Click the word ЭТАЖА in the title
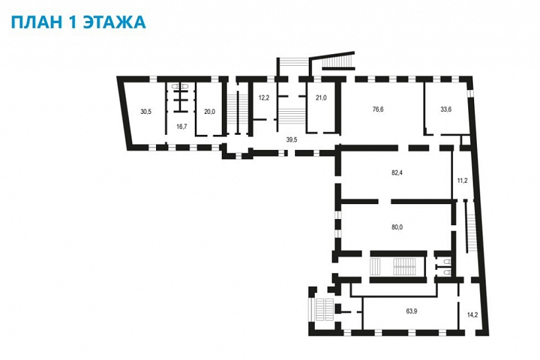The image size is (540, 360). click(115, 22)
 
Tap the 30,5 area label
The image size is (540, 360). click(146, 111)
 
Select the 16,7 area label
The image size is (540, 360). click(182, 126)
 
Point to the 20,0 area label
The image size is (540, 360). click(209, 111)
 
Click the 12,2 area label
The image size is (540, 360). click(264, 98)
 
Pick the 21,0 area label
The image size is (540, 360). click(321, 98)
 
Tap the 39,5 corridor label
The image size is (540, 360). click(292, 140)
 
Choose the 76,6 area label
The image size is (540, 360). click(378, 109)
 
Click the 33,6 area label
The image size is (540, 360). click(446, 109)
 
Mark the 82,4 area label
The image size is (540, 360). click(396, 173)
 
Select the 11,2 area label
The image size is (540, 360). click(462, 180)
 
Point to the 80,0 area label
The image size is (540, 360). click(396, 227)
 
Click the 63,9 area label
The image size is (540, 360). click(412, 311)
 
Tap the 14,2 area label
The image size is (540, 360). click(473, 315)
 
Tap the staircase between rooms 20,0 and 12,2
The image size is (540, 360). click(238, 109)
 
